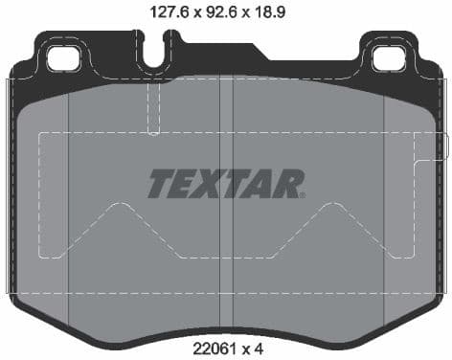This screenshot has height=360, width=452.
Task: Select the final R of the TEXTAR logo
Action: click(288, 184)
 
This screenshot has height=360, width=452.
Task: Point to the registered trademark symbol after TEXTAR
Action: click(303, 194)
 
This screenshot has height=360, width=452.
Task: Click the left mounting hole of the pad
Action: click(62, 57)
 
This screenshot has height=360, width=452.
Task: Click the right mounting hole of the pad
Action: click(388, 57)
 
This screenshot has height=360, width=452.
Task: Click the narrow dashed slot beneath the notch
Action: click(152, 107)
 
